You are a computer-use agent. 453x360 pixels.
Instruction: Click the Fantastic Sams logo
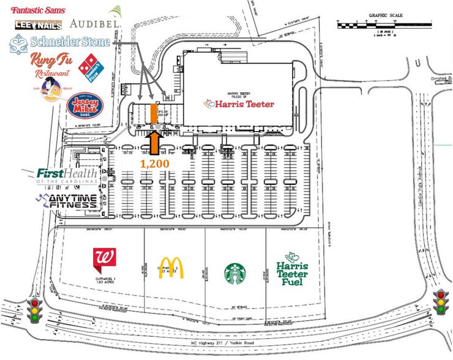[41, 9]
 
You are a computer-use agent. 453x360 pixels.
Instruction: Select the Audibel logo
[95, 23]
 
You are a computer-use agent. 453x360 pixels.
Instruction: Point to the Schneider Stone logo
[59, 42]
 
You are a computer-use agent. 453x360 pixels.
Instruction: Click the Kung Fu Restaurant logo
[49, 64]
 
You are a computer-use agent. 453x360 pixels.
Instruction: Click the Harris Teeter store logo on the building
[236, 103]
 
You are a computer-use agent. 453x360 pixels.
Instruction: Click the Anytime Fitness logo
[66, 201]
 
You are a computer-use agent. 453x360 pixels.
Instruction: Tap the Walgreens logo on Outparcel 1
[104, 260]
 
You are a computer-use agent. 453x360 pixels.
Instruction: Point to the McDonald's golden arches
[171, 268]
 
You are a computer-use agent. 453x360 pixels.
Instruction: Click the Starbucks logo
[235, 273]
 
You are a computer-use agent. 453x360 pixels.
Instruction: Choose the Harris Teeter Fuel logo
[292, 269]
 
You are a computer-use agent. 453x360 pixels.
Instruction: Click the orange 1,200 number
[154, 163]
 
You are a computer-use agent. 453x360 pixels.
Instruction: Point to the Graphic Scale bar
[385, 26]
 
